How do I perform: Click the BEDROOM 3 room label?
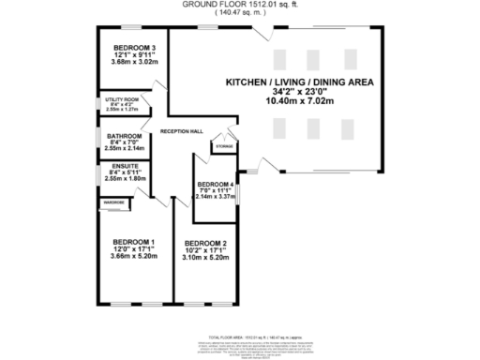135,47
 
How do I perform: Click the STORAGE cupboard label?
224,147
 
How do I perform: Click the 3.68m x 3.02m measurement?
135,63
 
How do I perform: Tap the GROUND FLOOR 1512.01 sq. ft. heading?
239,5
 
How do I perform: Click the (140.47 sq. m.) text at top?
239,13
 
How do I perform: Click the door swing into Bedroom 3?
159,85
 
